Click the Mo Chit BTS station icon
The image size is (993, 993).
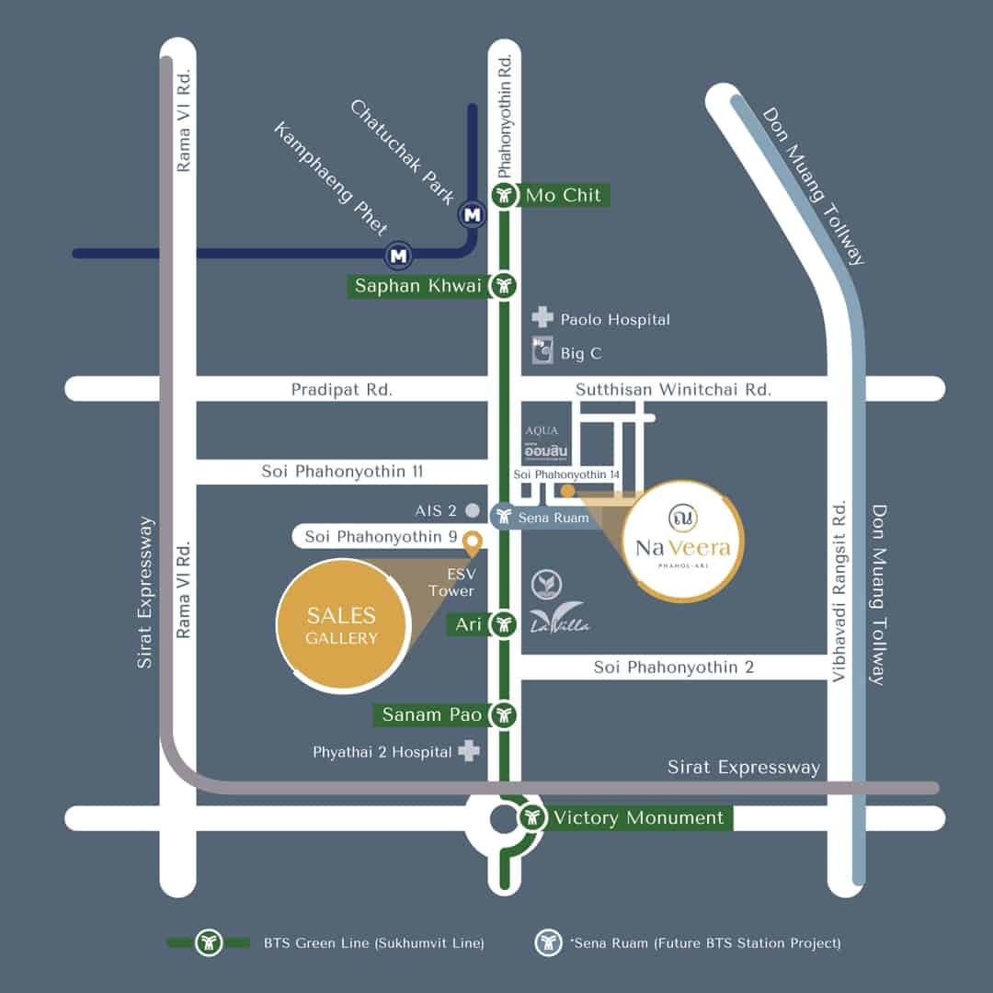[504, 194]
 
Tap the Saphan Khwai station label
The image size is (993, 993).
[418, 286]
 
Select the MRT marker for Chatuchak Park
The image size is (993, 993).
[472, 214]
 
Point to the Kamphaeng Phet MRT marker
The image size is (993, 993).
[398, 256]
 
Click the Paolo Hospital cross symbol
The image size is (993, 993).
[542, 317]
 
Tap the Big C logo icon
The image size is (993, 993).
[542, 350]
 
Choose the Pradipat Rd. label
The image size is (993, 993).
[342, 390]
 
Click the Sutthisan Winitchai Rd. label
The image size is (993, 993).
[673, 390]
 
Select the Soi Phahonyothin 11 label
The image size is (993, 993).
[342, 471]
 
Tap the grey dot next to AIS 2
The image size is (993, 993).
[473, 509]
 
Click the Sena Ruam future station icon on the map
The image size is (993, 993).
[504, 516]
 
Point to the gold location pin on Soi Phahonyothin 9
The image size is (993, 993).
[472, 543]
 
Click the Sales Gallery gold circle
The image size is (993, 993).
[343, 626]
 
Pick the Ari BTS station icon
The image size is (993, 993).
[504, 625]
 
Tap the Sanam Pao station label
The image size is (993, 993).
[432, 715]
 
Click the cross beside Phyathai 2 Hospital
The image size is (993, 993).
[469, 750]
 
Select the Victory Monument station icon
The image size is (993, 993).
[532, 817]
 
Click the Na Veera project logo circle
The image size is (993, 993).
[682, 540]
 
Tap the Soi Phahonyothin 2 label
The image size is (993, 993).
[674, 668]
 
